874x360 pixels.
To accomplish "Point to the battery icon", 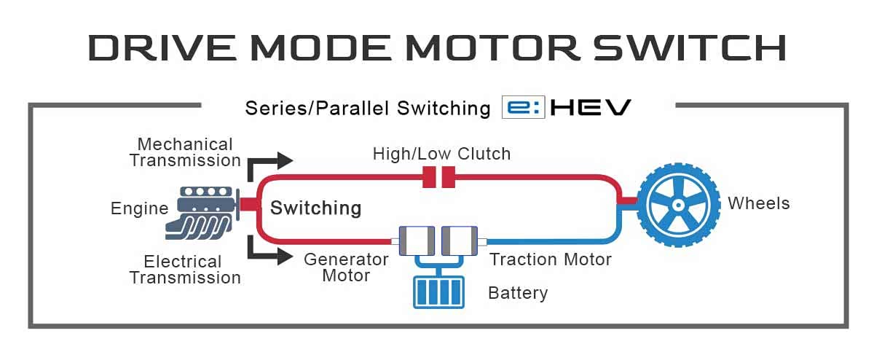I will click(438, 291).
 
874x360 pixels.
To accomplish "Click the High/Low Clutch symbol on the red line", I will click(439, 176).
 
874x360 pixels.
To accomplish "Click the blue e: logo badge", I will click(523, 108).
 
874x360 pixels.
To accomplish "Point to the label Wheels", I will click(758, 203).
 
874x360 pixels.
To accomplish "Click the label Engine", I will click(139, 209).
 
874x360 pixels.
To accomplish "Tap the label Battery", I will click(517, 294).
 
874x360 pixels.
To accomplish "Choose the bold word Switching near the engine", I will click(315, 208).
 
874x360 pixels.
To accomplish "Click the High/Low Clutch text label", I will click(441, 154).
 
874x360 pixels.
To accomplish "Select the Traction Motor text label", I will click(550, 259).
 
